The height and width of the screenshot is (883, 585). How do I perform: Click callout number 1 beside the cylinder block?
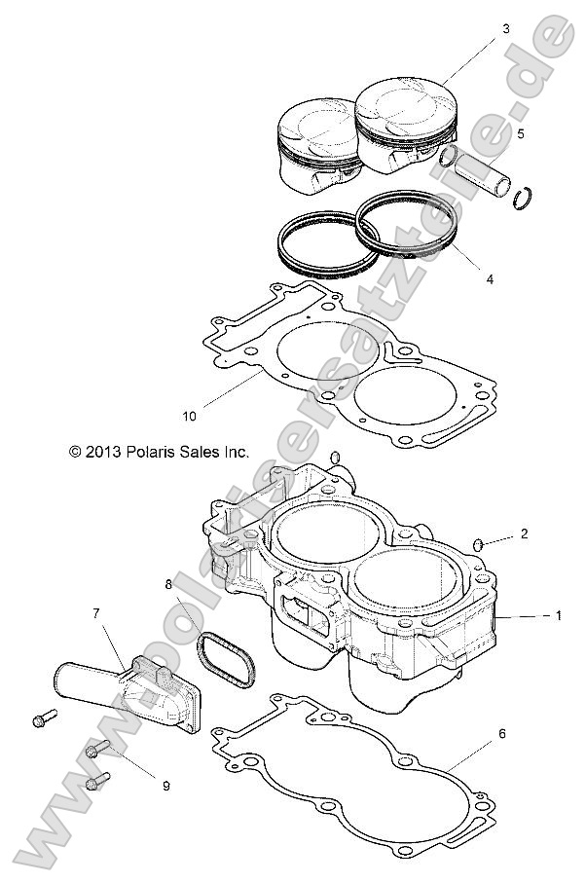pos(558,615)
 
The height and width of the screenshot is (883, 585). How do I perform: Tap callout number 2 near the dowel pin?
pos(524,533)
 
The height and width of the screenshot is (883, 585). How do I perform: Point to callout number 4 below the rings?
pos(490,279)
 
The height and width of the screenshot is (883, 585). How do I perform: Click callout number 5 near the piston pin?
pos(520,133)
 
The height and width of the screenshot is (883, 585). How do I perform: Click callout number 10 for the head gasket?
pos(189,416)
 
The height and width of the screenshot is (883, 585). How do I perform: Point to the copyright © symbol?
pos(74,452)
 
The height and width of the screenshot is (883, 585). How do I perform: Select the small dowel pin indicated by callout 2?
pos(479,541)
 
